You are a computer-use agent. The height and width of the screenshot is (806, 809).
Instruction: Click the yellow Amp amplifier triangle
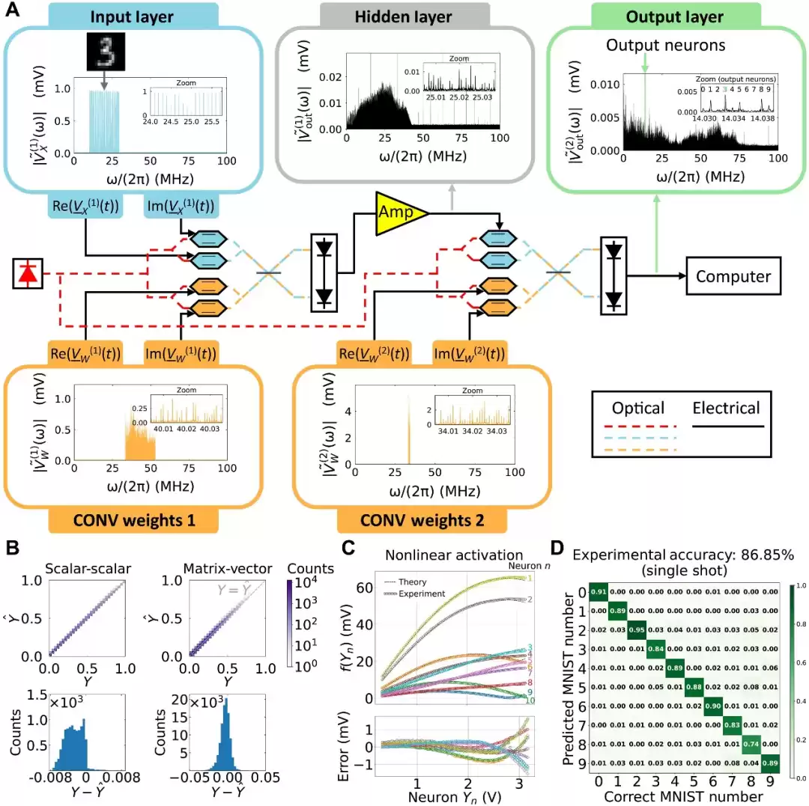coord(399,213)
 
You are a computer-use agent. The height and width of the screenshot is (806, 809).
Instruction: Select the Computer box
coord(733,276)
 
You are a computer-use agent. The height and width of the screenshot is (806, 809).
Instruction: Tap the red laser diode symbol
coord(28,275)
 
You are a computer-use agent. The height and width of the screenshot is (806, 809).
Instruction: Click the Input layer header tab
coord(133,17)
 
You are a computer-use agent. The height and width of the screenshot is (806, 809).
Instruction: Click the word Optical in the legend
coord(638,408)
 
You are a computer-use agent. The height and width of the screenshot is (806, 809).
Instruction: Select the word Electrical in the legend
coord(725,408)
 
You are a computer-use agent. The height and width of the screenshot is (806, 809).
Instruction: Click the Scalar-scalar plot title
coord(88,569)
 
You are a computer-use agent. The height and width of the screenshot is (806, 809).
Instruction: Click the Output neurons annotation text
coord(666,46)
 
